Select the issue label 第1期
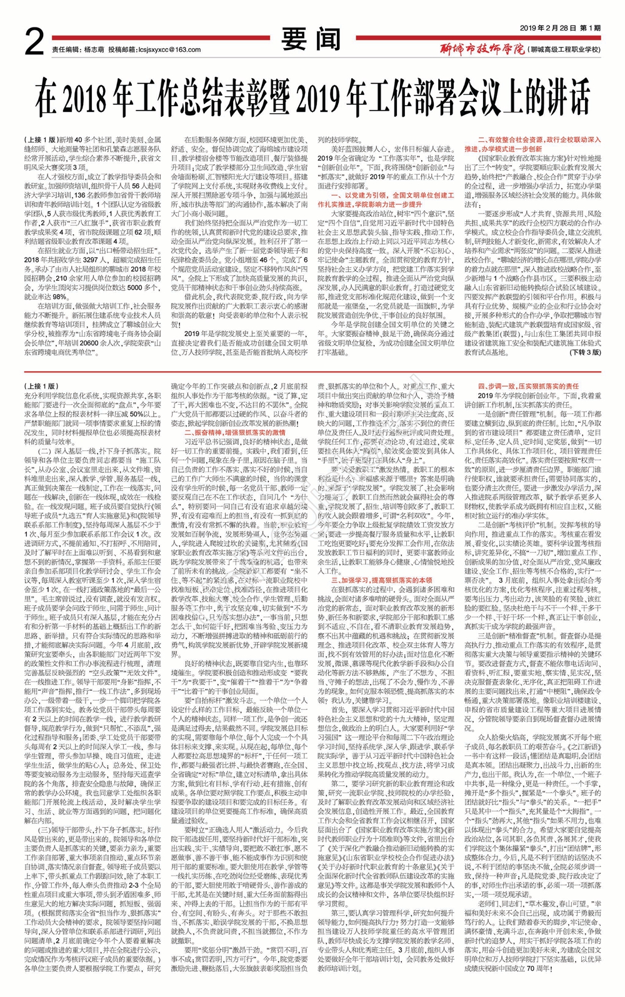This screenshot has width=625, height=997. coord(590,28)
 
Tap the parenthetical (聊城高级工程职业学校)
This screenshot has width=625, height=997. coord(566,49)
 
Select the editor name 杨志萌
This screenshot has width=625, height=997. coord(94,49)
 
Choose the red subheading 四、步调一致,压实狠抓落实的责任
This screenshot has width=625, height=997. coord(529,387)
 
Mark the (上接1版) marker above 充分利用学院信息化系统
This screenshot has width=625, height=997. coord(41,387)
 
